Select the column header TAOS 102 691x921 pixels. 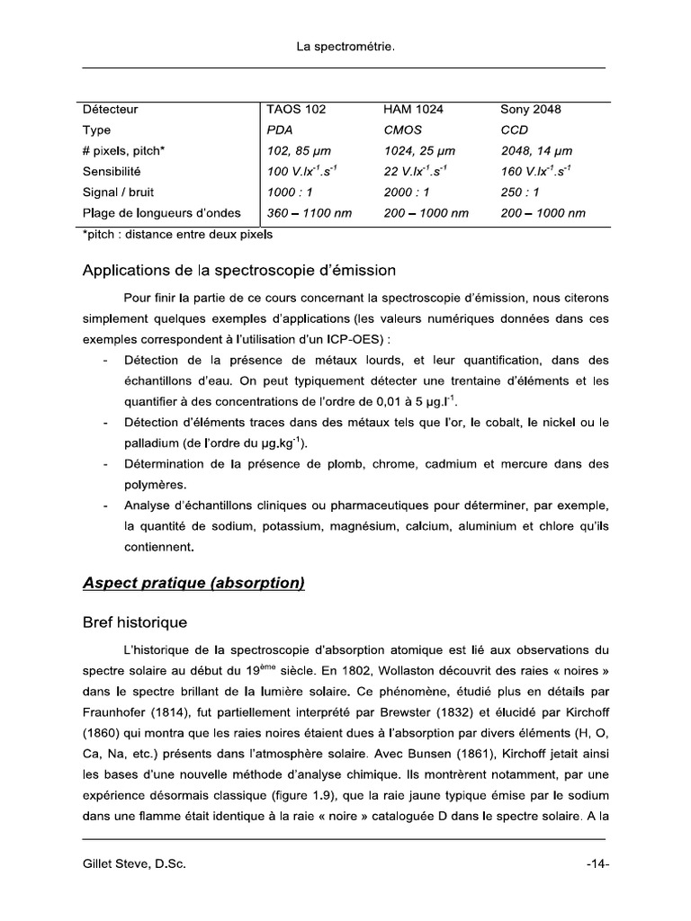coord(297,110)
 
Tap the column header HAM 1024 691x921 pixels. coord(413,110)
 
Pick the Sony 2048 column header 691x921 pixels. coord(530,110)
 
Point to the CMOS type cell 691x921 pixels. coord(402,130)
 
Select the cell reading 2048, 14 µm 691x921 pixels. coord(536,151)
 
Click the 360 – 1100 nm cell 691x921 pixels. coord(310,213)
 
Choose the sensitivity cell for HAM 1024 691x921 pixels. coord(417,171)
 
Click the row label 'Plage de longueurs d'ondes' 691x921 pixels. coord(161,213)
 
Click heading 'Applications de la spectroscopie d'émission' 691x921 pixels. coord(239,270)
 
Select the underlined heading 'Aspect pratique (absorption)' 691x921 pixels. coord(193,584)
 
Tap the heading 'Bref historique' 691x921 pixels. coord(135,622)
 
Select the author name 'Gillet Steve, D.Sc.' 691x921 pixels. coord(134,864)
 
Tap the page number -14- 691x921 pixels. coord(597,864)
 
